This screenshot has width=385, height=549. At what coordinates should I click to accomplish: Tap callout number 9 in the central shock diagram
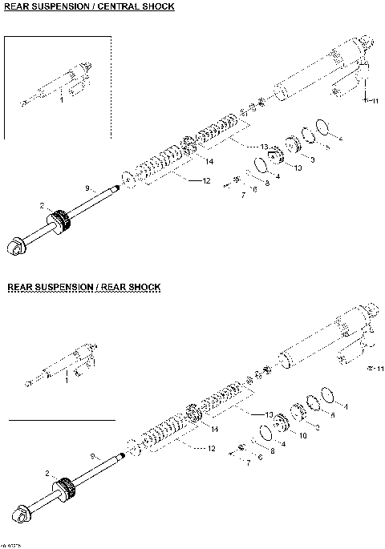click(87, 188)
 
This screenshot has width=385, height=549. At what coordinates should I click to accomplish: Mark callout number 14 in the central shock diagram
click(209, 162)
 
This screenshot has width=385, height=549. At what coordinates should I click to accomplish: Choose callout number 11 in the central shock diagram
click(373, 102)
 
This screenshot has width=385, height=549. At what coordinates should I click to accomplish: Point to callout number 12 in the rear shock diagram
click(211, 448)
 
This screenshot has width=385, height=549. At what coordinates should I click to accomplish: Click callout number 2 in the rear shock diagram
click(47, 473)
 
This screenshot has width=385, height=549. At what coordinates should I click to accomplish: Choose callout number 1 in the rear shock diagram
click(67, 380)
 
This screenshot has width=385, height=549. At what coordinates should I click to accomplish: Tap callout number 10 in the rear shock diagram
click(302, 435)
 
